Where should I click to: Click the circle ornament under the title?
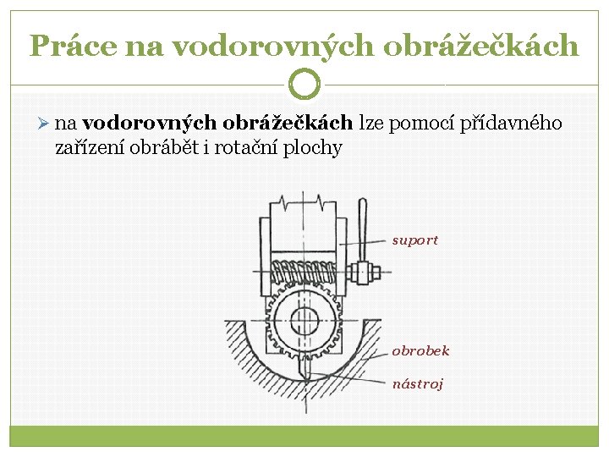[304, 84]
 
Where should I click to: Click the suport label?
[415, 240]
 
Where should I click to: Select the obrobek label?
[420, 350]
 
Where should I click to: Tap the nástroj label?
[418, 383]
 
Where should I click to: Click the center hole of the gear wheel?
[304, 320]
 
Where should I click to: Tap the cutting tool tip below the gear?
[304, 372]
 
